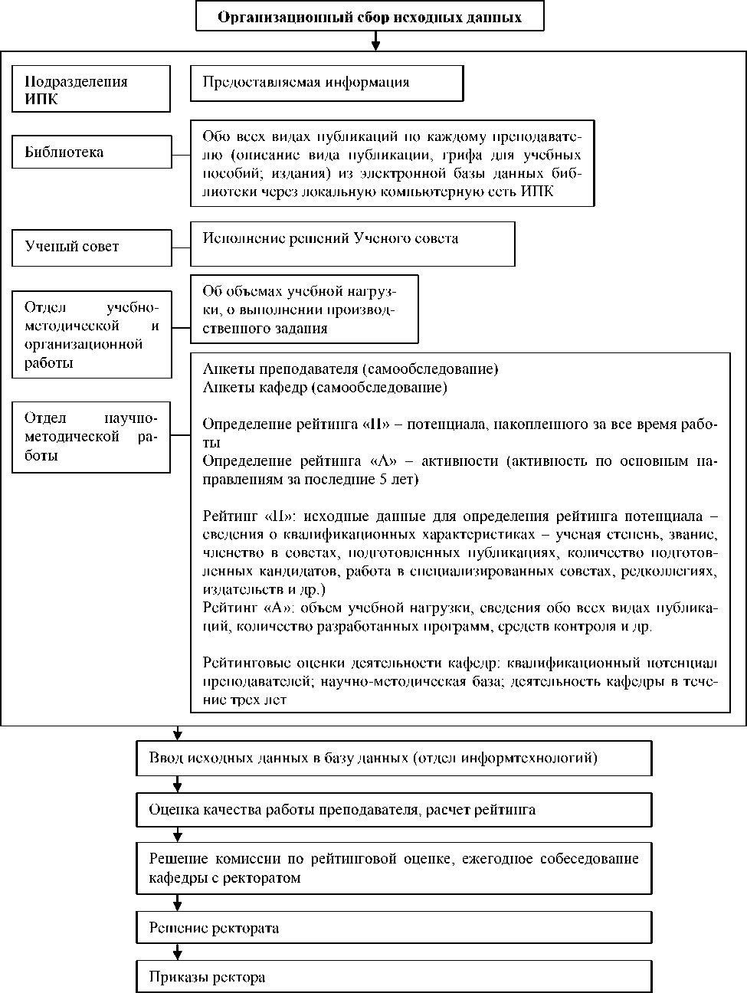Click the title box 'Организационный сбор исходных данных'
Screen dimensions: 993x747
pyautogui.click(x=369, y=17)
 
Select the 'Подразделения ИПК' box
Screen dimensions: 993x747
pyautogui.click(x=90, y=89)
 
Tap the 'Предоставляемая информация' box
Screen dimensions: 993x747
pyautogui.click(x=326, y=83)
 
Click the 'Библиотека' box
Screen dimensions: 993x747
pyautogui.click(x=91, y=152)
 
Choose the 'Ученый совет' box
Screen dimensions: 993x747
pyautogui.click(x=91, y=247)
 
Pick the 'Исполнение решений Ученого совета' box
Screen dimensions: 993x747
pyautogui.click(x=352, y=244)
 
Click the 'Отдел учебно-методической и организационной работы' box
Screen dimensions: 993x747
pyautogui.click(x=91, y=335)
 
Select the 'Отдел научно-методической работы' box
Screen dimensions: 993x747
pyautogui.click(x=91, y=437)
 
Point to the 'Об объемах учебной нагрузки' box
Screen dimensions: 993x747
pyautogui.click(x=304, y=309)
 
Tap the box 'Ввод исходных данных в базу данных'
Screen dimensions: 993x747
pyautogui.click(x=394, y=759)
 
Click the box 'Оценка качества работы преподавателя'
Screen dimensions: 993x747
pyautogui.click(x=394, y=809)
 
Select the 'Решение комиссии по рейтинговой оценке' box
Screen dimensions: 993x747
pyautogui.click(x=394, y=868)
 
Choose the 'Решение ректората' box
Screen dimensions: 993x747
pyautogui.click(x=394, y=928)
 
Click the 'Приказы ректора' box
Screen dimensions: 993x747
pyautogui.click(x=394, y=978)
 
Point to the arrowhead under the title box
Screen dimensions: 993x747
pyautogui.click(x=375, y=45)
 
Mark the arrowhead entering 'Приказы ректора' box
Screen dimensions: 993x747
pyautogui.click(x=178, y=955)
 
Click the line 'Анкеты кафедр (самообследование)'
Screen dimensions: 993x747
pyautogui.click(x=325, y=388)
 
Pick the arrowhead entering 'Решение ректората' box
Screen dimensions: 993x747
pyautogui.click(x=178, y=906)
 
